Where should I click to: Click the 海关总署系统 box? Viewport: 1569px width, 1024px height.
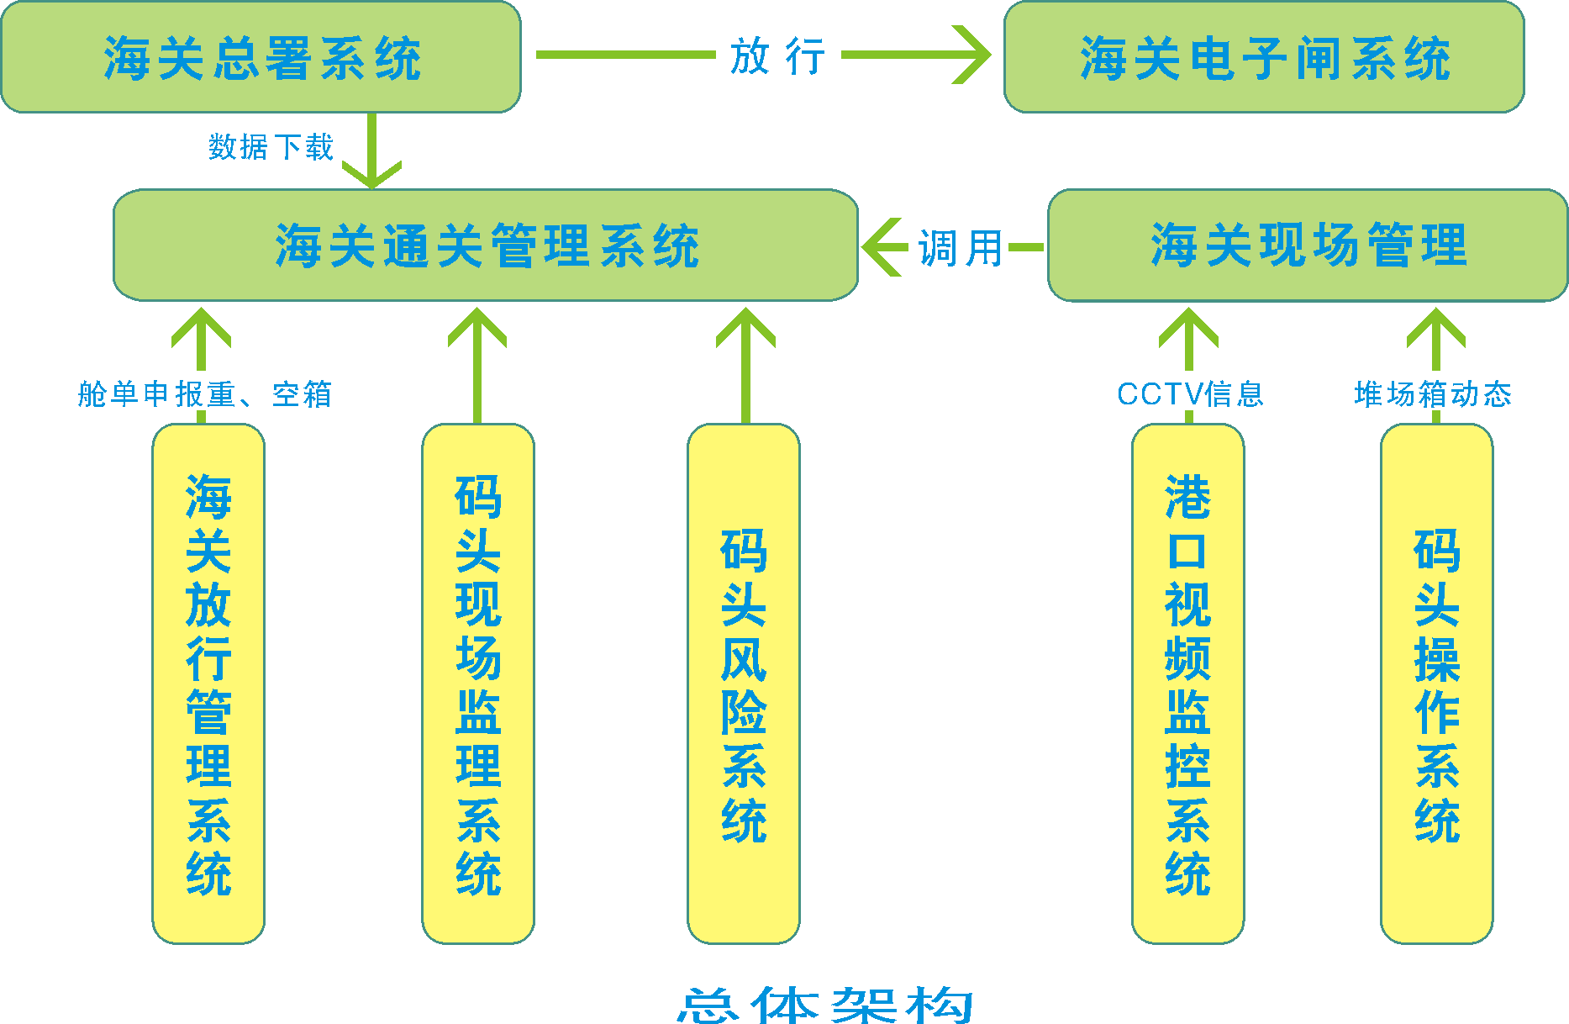tap(261, 57)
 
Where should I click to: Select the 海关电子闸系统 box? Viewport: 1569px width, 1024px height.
tap(1264, 57)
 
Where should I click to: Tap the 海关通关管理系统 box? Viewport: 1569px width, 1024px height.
tap(486, 245)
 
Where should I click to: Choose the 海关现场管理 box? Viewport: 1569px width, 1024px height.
tap(1308, 245)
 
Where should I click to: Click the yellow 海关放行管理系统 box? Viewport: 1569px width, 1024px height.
tap(208, 683)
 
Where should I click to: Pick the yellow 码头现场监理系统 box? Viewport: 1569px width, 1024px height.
tap(477, 683)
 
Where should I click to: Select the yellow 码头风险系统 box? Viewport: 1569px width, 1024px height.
tap(744, 683)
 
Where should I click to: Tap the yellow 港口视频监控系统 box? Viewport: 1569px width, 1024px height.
tap(1187, 683)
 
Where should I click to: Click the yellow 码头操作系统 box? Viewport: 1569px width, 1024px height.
tap(1436, 683)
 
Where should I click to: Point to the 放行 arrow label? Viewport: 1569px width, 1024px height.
tap(777, 57)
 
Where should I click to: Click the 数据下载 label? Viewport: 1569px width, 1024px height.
tap(271, 147)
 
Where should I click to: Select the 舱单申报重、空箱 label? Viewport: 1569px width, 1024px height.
tap(205, 393)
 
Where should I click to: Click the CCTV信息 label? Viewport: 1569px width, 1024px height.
tap(1189, 393)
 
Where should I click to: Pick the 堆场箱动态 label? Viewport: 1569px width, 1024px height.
tap(1433, 393)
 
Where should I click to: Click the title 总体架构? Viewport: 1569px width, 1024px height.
tap(825, 1005)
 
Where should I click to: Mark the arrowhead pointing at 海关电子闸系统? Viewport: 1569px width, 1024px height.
tap(975, 55)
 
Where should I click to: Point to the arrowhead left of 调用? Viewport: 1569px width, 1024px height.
tap(879, 247)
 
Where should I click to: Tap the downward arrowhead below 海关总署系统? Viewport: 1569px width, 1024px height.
tap(371, 175)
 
